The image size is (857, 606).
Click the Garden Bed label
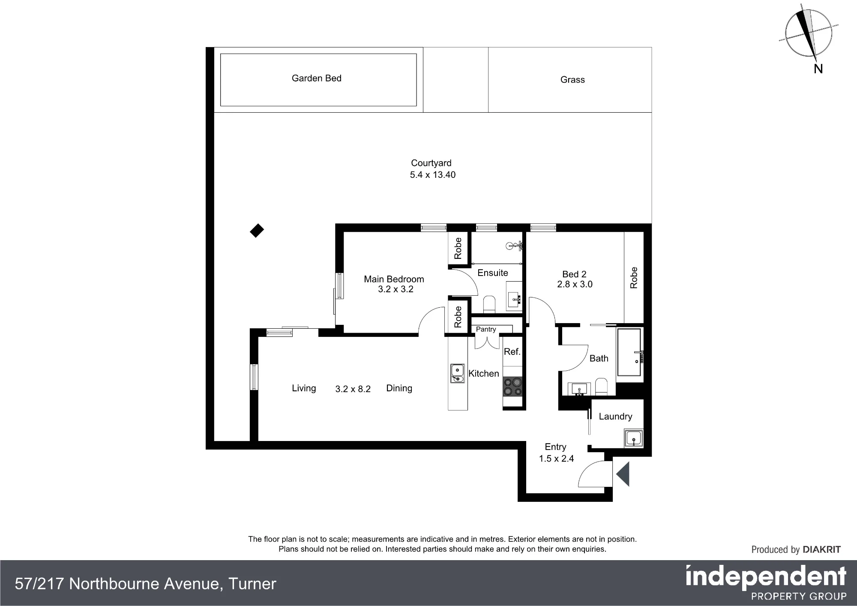317,78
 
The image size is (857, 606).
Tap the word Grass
572,80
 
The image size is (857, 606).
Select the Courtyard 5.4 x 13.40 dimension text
433,175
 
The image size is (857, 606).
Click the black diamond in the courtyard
257,231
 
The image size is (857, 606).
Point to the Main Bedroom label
394,279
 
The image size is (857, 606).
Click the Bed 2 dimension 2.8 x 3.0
575,284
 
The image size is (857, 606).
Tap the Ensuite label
493,273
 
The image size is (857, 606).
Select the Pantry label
486,329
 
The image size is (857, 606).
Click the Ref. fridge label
512,352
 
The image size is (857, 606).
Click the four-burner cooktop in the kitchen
513,387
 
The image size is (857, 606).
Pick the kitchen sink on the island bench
457,373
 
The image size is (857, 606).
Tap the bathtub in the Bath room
629,352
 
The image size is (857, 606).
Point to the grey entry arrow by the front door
623,474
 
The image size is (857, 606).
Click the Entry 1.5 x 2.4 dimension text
556,459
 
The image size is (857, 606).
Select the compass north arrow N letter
818,69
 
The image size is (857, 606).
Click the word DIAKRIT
821,549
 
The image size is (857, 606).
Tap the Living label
304,388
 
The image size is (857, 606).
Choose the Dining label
399,388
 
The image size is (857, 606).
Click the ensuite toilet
489,304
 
